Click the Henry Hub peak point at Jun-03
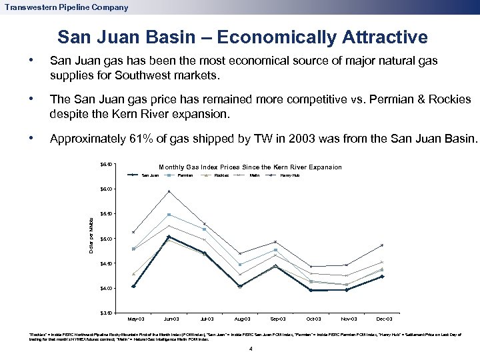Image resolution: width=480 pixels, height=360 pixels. coord(169,191)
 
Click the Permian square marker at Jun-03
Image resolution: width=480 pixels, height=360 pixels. coord(169,215)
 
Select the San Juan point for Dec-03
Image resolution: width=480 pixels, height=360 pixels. coord(382,276)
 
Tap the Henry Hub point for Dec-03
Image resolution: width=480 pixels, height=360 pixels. coord(382,245)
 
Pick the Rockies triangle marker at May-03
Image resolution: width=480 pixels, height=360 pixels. coord(133,273)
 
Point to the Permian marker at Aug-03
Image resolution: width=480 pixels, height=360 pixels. coord(240,265)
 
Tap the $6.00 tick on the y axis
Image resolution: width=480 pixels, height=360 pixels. coord(107,189)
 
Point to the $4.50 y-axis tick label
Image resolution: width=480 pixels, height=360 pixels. coord(107,263)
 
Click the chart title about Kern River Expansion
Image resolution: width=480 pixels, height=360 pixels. coord(250,167)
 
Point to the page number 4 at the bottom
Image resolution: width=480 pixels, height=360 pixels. coord(249,349)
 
